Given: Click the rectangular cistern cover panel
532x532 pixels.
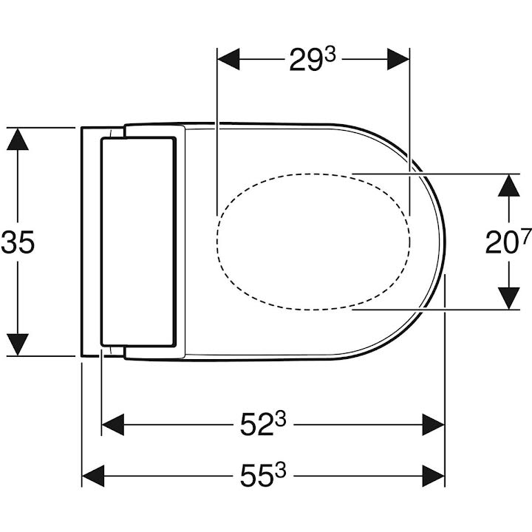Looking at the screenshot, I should pos(137,242).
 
